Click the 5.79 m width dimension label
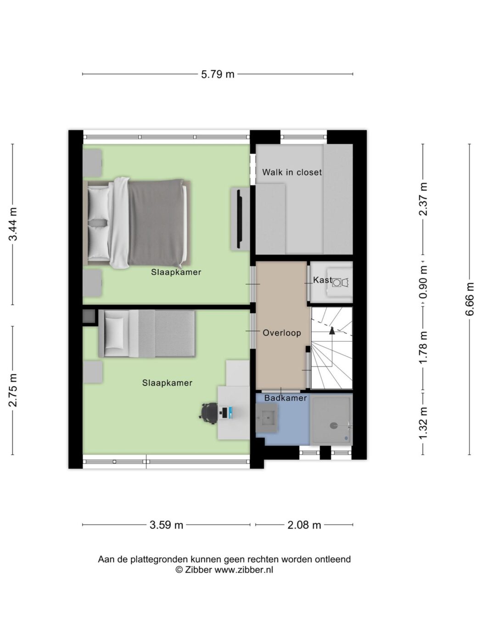(218, 74)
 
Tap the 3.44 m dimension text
(13, 224)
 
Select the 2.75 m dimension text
(13, 390)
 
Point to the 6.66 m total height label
(470, 299)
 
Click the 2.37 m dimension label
(423, 199)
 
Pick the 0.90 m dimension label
(423, 282)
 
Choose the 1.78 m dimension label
(423, 347)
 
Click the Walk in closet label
(292, 172)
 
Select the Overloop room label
(282, 333)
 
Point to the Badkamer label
(286, 398)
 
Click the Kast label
(323, 280)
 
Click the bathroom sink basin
(266, 418)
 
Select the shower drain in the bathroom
(333, 426)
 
